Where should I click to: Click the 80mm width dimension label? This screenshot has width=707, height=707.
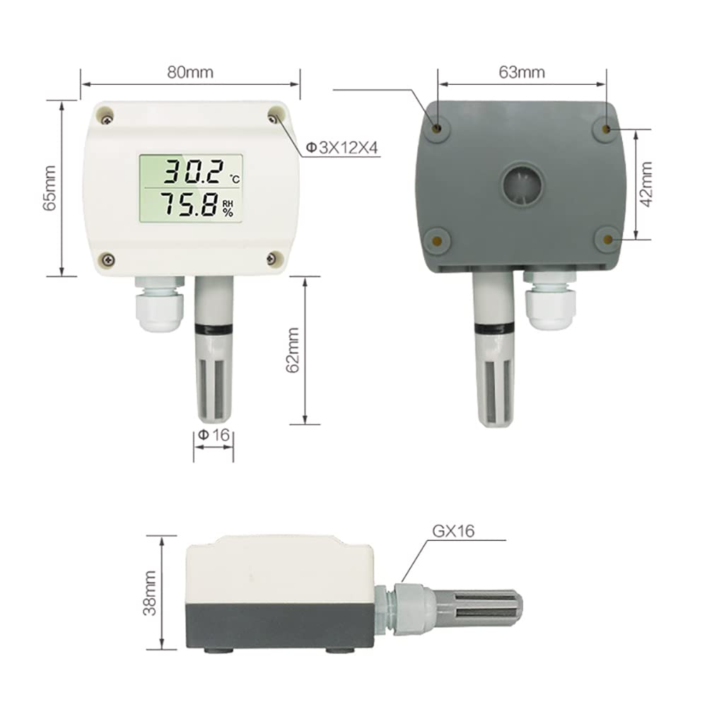[x=190, y=72]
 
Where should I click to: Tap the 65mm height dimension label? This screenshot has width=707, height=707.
[x=49, y=187]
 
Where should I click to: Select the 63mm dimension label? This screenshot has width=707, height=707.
[x=522, y=72]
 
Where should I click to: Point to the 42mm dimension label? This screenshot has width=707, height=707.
[x=645, y=184]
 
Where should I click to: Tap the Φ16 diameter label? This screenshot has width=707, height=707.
[x=214, y=436]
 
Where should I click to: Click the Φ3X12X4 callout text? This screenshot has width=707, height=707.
[x=342, y=148]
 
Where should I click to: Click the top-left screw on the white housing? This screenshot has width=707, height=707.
[x=105, y=113]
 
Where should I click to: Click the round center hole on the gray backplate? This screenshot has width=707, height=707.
[x=523, y=186]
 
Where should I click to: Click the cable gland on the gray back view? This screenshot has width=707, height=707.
[x=551, y=300]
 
